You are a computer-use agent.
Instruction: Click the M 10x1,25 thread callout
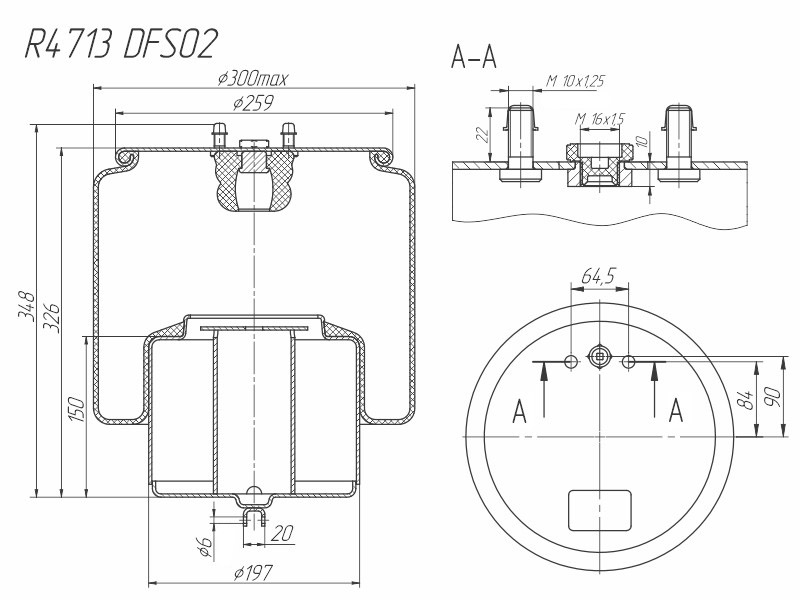[576, 82]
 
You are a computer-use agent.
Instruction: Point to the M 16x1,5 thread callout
[600, 119]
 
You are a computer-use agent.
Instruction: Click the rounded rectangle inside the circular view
[599, 510]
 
